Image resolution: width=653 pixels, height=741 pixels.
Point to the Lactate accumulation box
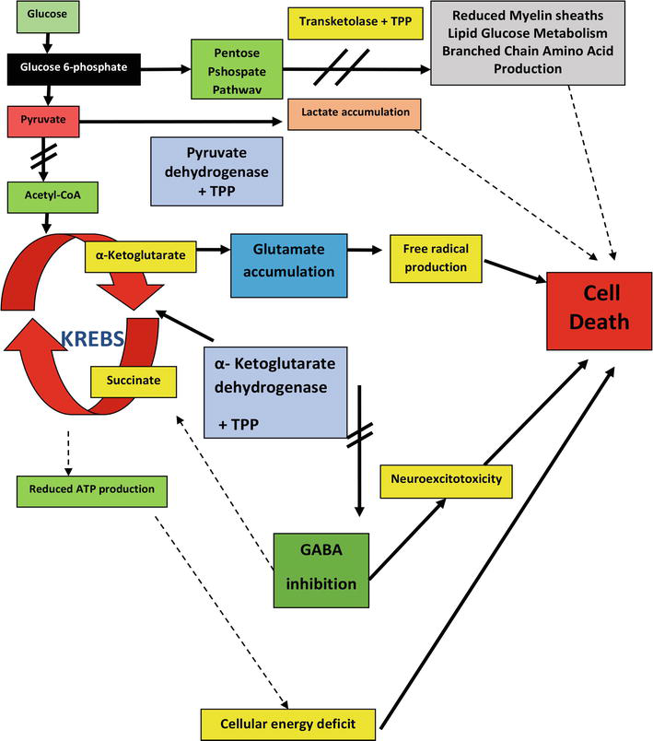pos(354,112)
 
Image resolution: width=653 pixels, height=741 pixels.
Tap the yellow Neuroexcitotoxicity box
pos(446,479)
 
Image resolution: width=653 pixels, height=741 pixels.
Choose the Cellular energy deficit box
pos(288,722)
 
